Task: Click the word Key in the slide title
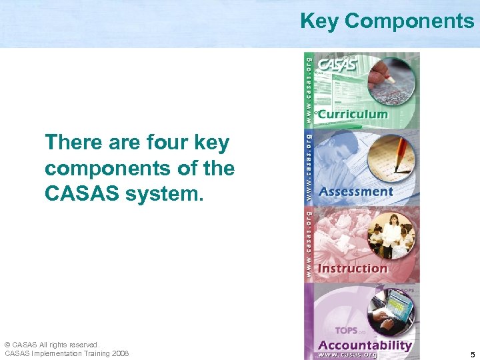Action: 320,21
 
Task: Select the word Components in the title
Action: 409,21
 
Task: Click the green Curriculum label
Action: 352,114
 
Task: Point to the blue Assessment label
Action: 356,191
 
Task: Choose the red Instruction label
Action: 353,268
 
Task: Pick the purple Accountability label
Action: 365,345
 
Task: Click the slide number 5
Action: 472,355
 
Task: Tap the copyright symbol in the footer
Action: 7,345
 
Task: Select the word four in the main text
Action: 162,143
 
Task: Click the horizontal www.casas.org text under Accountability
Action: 347,355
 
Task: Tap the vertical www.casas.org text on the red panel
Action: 309,243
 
